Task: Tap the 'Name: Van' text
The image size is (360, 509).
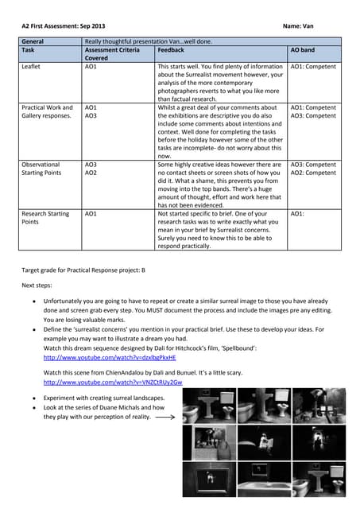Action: point(300,25)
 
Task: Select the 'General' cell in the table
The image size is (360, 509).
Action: point(33,41)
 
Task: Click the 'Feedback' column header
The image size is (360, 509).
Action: point(173,49)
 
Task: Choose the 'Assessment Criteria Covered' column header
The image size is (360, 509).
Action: point(111,53)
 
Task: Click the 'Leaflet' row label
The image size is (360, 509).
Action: point(33,67)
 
